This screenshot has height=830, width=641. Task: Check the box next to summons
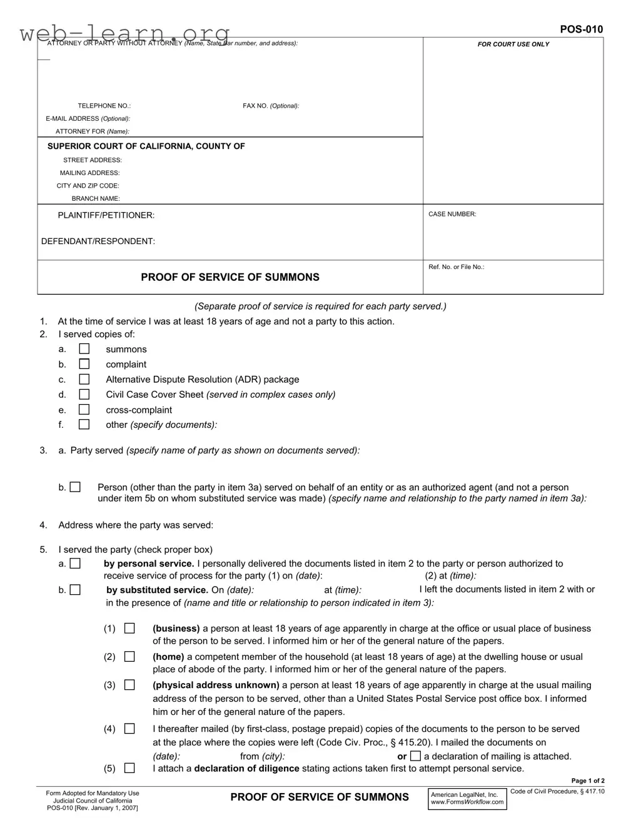84,349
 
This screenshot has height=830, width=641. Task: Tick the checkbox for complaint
84,364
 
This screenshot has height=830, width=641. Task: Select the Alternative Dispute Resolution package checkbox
84,379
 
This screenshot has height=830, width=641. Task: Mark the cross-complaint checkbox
84,410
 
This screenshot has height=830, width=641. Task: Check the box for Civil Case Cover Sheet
84,395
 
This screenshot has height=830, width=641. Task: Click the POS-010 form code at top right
581,29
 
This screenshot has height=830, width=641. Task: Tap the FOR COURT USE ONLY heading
513,44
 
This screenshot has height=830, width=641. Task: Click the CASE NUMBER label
452,214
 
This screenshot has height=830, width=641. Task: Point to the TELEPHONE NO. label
104,106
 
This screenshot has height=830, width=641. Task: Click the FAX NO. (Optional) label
271,106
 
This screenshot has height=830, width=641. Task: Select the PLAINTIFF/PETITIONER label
106,215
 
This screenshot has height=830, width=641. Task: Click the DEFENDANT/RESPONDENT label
98,241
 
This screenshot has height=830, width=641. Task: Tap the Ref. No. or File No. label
457,267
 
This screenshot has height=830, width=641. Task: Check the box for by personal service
75,564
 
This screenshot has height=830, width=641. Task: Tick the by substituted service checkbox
75,590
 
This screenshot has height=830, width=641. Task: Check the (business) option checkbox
129,629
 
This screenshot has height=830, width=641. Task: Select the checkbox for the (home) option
129,657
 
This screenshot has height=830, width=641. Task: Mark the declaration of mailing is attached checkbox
416,756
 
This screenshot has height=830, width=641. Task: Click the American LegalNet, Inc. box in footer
467,799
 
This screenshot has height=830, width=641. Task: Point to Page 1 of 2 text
588,781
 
